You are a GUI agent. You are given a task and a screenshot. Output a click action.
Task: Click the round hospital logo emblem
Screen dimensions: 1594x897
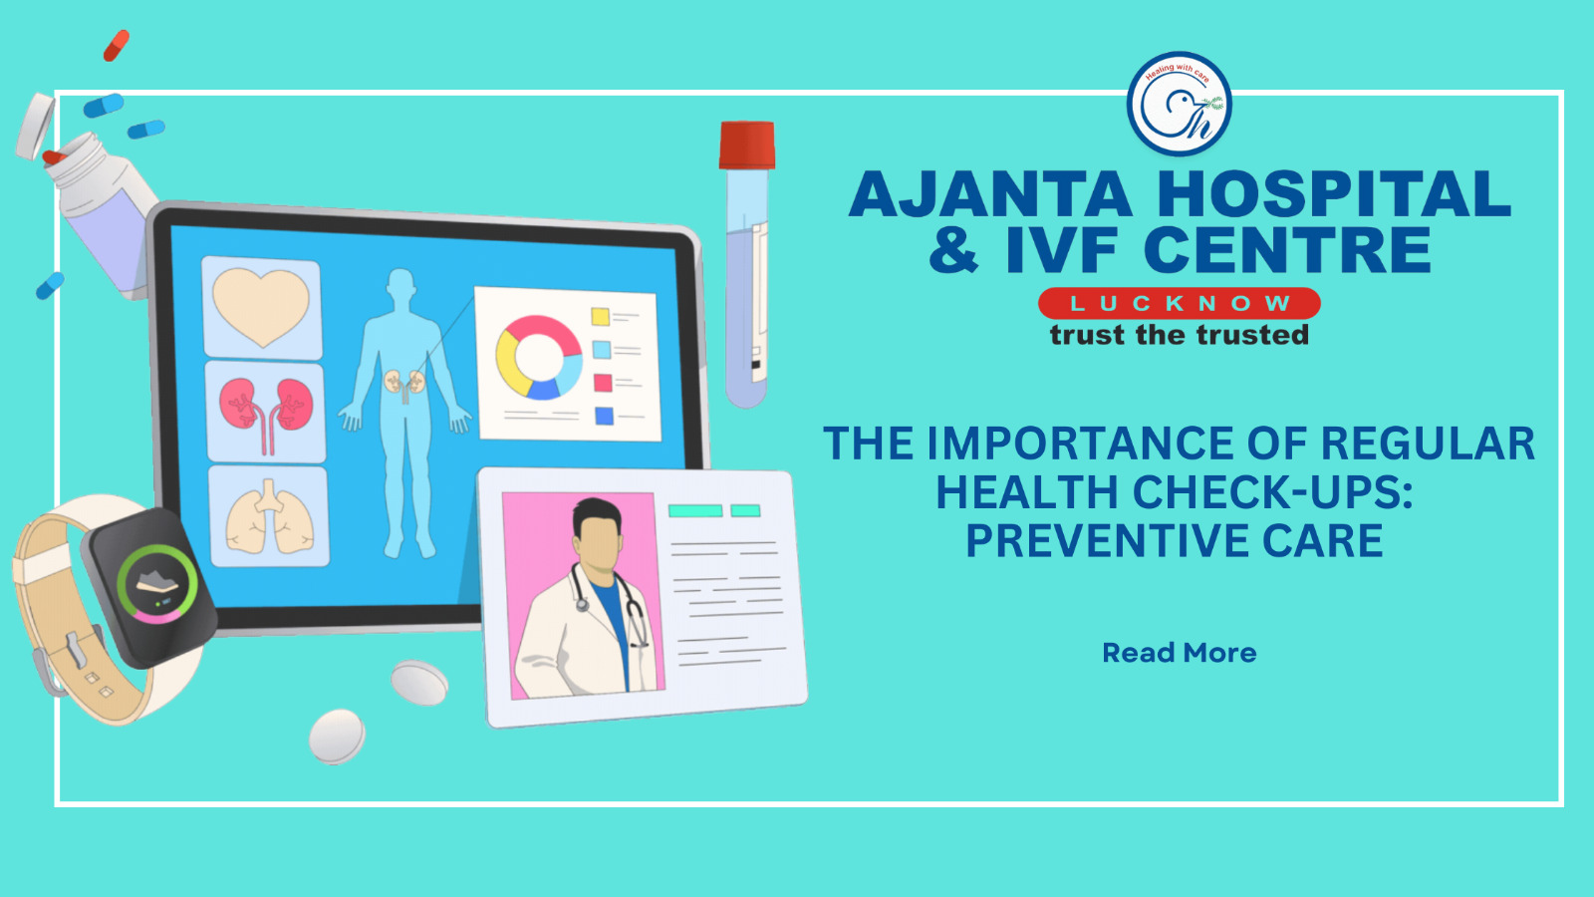[1180, 104]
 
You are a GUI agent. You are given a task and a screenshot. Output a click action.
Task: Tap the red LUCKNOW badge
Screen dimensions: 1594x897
[1180, 303]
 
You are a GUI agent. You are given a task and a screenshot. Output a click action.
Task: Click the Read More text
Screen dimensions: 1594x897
[1180, 653]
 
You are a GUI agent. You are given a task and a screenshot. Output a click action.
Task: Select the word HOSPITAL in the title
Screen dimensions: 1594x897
[1334, 193]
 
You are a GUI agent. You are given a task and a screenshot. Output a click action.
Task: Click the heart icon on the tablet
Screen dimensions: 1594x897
[261, 307]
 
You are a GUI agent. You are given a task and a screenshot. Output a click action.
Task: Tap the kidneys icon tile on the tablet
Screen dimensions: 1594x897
[265, 413]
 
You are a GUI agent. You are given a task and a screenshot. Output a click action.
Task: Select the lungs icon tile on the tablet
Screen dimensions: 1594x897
[269, 516]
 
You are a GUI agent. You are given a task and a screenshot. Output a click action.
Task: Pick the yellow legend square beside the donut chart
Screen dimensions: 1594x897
[601, 316]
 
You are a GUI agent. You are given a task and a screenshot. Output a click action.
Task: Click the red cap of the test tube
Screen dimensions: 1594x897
[746, 146]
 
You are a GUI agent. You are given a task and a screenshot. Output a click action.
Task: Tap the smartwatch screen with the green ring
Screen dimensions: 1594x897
[156, 585]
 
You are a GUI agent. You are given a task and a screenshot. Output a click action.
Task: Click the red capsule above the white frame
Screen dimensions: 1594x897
[117, 46]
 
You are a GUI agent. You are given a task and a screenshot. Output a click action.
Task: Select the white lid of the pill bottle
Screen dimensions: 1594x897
[36, 126]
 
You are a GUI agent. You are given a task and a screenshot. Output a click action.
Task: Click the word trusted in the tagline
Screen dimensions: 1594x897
[1252, 335]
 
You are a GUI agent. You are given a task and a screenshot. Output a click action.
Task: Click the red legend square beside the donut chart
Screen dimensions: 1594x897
[603, 383]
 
